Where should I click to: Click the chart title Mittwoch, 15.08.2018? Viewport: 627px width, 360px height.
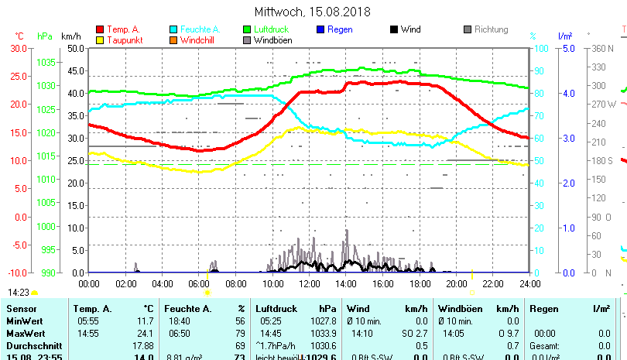coord(313,12)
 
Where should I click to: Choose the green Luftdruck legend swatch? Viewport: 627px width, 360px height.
coord(247,30)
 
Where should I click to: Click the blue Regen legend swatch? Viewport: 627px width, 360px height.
coord(321,30)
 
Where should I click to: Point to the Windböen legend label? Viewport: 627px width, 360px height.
coord(272,40)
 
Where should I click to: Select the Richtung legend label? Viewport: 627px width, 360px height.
coord(491,30)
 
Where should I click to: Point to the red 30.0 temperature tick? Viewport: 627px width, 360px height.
coord(19,48)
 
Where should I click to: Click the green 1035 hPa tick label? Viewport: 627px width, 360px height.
coord(46,62)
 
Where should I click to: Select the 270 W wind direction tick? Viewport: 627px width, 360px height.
coord(604,104)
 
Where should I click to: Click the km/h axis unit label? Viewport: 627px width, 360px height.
coord(70,36)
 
